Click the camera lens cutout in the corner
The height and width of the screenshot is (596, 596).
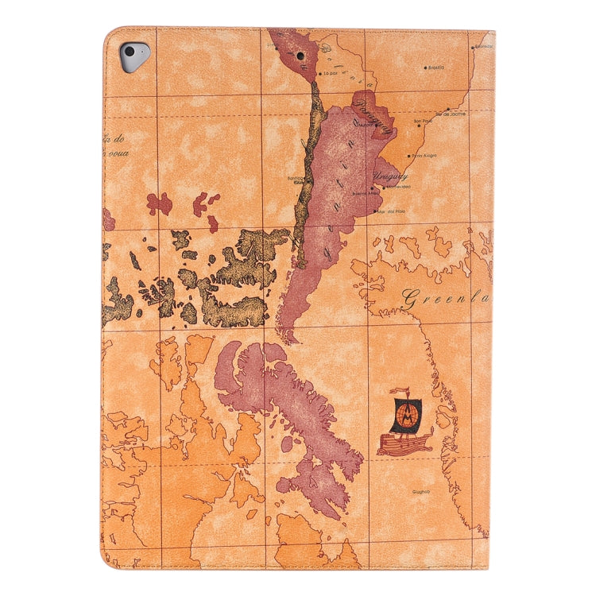pos(133,56)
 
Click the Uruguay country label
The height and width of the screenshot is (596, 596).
pos(390,176)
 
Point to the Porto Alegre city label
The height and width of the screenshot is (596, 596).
pos(424,156)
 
